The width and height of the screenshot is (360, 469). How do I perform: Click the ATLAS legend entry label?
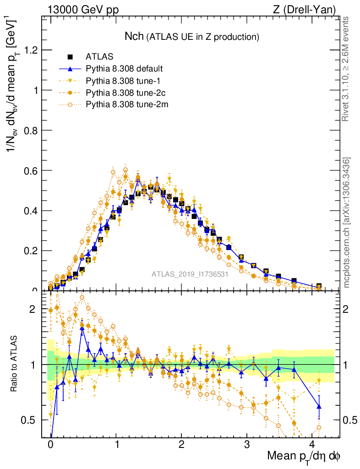tap(99, 57)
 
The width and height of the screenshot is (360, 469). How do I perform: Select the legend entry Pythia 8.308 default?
tap(124, 69)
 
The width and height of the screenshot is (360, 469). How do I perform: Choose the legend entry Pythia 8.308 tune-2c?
tap(123, 93)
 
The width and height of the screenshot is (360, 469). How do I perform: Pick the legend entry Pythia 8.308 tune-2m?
tap(124, 104)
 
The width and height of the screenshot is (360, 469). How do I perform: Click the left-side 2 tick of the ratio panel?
tap(33, 309)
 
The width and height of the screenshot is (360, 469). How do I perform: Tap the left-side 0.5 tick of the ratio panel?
tap(28, 420)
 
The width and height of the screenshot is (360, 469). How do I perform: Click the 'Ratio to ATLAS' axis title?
tap(15, 365)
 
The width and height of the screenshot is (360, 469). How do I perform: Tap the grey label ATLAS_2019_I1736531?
tap(190, 274)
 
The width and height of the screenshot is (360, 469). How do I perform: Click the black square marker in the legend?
tap(70, 57)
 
